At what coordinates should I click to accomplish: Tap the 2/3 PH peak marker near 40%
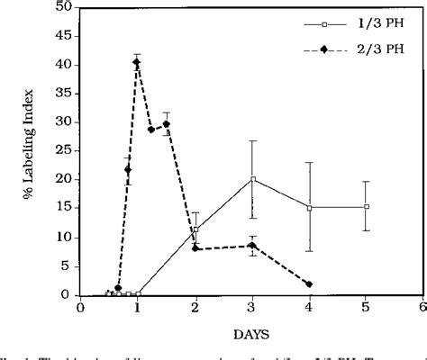pos(137,63)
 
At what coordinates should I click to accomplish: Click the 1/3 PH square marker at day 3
pos(253,179)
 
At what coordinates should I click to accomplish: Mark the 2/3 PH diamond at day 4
pos(310,284)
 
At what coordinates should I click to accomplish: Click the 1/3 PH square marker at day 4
pos(310,208)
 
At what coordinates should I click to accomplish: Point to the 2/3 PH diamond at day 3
pos(253,245)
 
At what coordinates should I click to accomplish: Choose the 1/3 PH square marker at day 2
pos(195,229)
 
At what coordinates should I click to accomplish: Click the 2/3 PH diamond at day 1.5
pos(167,124)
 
